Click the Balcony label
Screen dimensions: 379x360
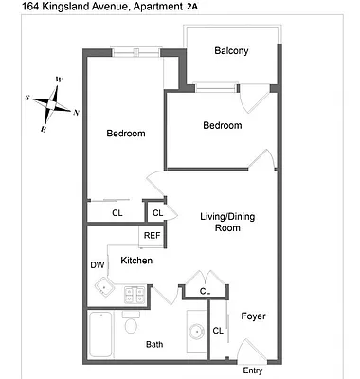(231, 51)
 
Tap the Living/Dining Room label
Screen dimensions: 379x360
(227, 222)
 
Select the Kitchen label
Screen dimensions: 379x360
(137, 260)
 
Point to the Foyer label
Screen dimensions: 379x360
(253, 316)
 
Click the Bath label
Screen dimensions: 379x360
(154, 345)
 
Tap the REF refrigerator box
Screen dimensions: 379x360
(152, 235)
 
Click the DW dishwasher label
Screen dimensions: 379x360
(97, 265)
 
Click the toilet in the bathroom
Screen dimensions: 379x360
(131, 327)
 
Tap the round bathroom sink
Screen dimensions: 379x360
(197, 332)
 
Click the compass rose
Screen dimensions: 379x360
(57, 102)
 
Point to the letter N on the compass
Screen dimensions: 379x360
(76, 113)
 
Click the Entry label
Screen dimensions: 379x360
(253, 370)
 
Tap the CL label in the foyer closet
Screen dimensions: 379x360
(217, 330)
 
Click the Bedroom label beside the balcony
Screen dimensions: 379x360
(223, 125)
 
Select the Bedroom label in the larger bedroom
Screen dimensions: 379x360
(125, 134)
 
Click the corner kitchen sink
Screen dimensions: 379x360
(106, 289)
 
